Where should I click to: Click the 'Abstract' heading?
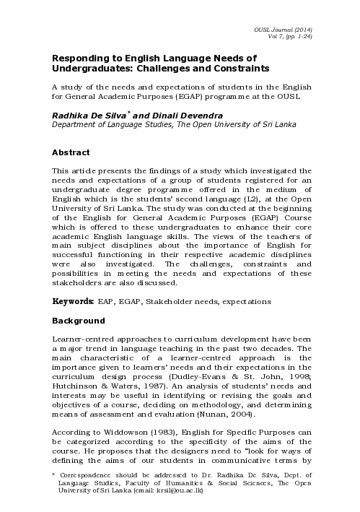tap(71, 152)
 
